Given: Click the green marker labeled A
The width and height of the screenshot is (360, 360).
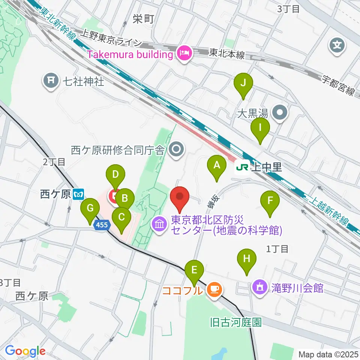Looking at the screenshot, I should (x=217, y=165).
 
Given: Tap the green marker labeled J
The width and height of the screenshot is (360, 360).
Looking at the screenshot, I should (x=243, y=84).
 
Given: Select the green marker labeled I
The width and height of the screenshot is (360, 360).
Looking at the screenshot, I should (x=260, y=129).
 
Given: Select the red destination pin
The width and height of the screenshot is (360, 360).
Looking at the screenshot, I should (x=180, y=197).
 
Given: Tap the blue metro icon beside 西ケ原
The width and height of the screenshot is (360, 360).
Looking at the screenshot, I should (x=79, y=195).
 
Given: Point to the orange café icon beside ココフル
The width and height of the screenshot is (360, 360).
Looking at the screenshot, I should (x=214, y=289).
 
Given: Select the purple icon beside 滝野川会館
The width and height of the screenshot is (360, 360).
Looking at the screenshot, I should (x=260, y=288).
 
